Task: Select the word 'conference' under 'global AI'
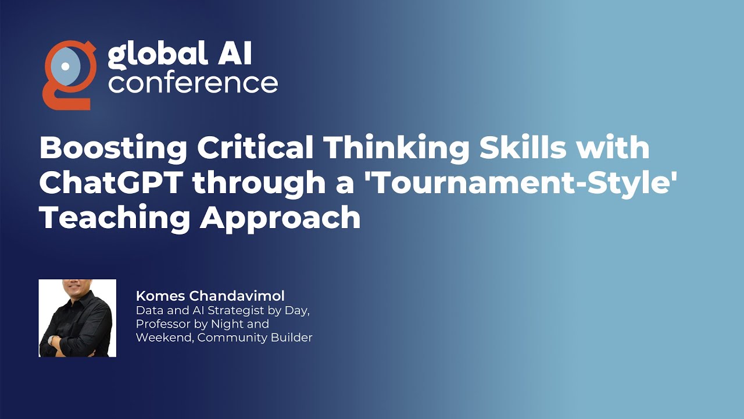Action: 192,83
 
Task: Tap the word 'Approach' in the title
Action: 280,218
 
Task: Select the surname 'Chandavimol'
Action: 237,296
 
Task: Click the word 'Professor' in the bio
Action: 161,324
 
